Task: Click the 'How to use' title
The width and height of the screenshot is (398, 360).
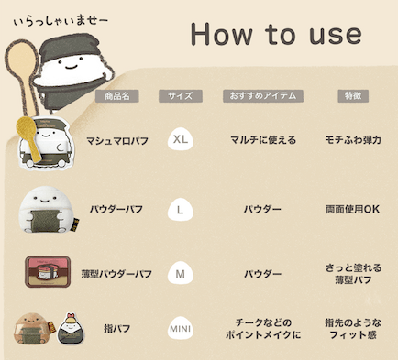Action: pyautogui.click(x=275, y=35)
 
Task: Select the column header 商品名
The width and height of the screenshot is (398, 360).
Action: pyautogui.click(x=119, y=95)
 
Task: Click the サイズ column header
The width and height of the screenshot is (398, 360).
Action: pyautogui.click(x=180, y=95)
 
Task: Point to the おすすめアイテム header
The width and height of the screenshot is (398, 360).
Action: pyautogui.click(x=262, y=95)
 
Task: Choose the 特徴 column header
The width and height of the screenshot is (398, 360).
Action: pyautogui.click(x=353, y=95)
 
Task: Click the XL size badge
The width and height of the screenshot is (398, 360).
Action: pyautogui.click(x=182, y=140)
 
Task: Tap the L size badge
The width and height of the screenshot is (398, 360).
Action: pyautogui.click(x=182, y=210)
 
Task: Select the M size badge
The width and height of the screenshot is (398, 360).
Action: pyautogui.click(x=182, y=273)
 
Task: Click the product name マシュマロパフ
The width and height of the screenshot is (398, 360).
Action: pyautogui.click(x=118, y=141)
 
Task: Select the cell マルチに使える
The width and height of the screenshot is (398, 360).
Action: pyautogui.click(x=262, y=141)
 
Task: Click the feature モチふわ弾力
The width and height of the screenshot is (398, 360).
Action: pyautogui.click(x=353, y=141)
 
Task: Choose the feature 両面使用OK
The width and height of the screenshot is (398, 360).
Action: pyautogui.click(x=353, y=210)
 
